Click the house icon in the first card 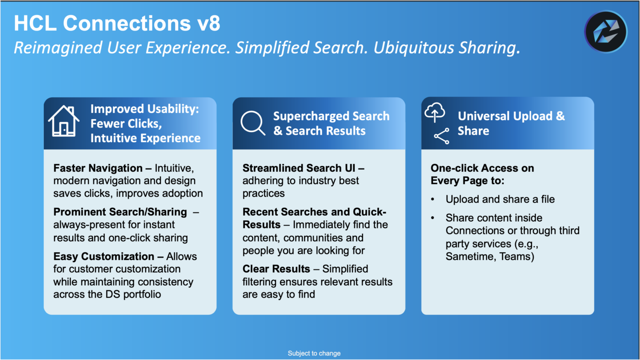(x=64, y=121)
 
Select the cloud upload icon (x=435, y=112)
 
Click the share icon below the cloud (x=442, y=136)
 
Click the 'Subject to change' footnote (x=314, y=353)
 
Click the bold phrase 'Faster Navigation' (x=98, y=168)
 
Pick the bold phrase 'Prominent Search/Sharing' (x=120, y=212)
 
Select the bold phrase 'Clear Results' (x=277, y=269)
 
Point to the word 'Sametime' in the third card (x=468, y=256)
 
